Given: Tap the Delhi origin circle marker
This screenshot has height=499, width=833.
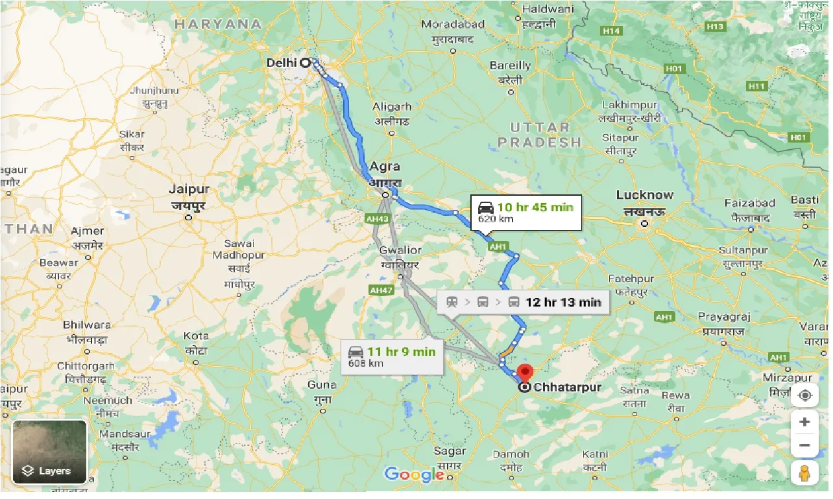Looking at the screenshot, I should [304, 63].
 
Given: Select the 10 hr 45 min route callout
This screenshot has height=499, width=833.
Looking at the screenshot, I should [526, 213].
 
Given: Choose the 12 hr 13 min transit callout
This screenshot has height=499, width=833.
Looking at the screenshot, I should [523, 302].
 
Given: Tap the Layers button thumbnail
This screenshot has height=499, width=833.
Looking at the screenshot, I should [49, 452].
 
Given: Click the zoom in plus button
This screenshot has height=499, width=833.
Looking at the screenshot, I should [804, 423].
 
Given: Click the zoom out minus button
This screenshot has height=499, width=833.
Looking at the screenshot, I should [804, 445].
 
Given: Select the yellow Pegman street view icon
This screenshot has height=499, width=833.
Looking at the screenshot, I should [804, 474].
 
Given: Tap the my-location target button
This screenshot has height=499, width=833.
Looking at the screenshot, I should [804, 395].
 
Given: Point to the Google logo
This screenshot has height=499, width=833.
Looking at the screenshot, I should [413, 474].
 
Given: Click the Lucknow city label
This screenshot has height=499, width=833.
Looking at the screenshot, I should [644, 195].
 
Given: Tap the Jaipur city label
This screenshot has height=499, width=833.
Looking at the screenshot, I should [189, 190].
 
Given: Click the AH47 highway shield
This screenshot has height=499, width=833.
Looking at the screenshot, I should [381, 290].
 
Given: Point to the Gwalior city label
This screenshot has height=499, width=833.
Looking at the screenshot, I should [400, 250].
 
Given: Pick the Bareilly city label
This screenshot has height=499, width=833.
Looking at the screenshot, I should [510, 65].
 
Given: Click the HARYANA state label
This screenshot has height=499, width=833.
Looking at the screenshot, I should [218, 24].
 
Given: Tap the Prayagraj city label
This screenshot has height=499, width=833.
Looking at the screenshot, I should [724, 317].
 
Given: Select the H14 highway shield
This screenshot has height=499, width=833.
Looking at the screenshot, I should [611, 30].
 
